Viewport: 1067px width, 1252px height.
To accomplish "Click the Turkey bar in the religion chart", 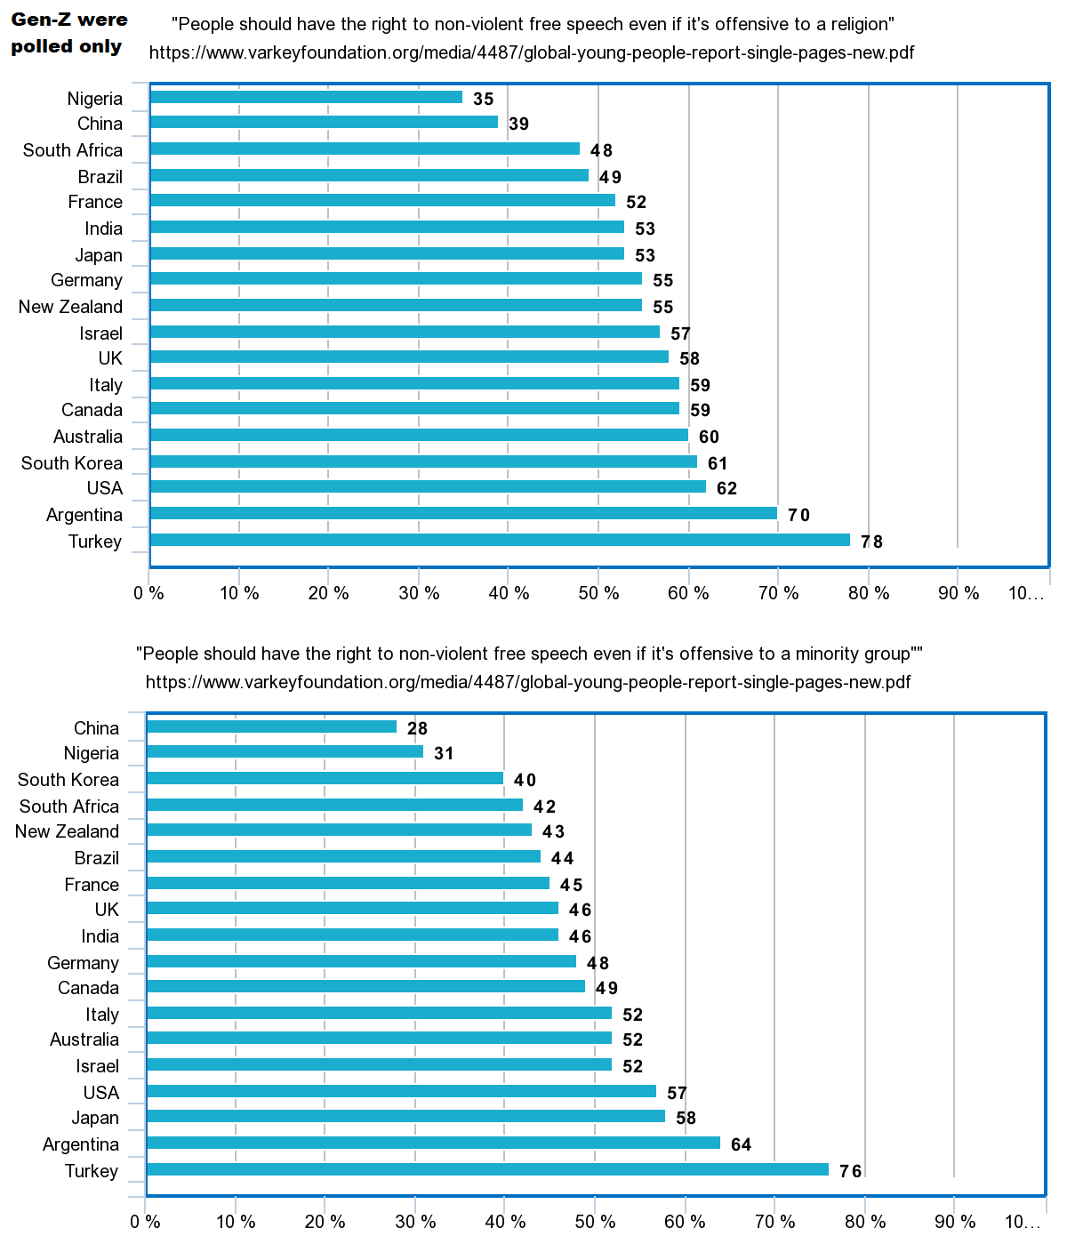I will [500, 540].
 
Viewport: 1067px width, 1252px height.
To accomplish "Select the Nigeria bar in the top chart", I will [306, 97].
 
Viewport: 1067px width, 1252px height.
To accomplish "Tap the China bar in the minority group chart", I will [271, 726].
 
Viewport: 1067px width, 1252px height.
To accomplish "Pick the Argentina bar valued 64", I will [433, 1143].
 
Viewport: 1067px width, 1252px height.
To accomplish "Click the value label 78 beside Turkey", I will [871, 542].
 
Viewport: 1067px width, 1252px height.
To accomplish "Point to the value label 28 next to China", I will [417, 728].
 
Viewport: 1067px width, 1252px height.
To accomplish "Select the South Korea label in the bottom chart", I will [68, 780].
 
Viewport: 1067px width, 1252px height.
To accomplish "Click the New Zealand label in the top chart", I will [70, 307].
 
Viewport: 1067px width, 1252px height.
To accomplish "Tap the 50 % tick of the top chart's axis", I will [598, 593].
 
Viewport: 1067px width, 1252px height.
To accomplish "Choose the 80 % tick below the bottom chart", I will [866, 1222].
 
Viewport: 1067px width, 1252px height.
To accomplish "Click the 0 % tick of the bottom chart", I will [145, 1222].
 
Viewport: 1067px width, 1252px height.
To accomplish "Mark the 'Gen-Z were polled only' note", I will [68, 33].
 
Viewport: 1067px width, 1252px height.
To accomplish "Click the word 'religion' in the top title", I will [859, 24].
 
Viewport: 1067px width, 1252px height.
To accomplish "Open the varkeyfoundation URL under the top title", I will [531, 52].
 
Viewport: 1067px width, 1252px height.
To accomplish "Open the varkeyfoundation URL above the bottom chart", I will [527, 682].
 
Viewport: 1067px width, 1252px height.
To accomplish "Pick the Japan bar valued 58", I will [405, 1116].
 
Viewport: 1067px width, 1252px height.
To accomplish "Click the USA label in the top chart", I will [104, 488].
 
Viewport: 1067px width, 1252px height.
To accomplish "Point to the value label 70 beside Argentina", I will [798, 515].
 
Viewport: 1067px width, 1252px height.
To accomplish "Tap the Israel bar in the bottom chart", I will [379, 1064].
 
